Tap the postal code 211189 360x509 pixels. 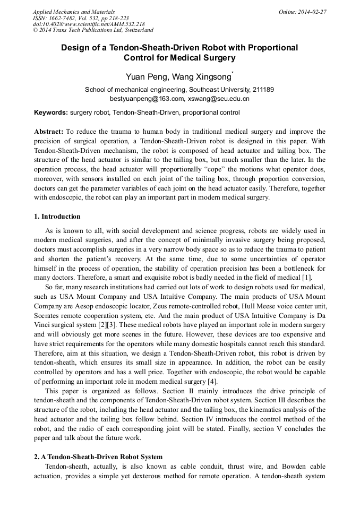coord(261,90)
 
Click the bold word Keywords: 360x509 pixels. coord(51,113)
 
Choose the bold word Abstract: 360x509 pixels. coord(49,131)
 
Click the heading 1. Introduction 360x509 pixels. coord(57,217)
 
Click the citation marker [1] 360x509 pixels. coord(307,278)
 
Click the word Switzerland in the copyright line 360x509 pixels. coord(134,30)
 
